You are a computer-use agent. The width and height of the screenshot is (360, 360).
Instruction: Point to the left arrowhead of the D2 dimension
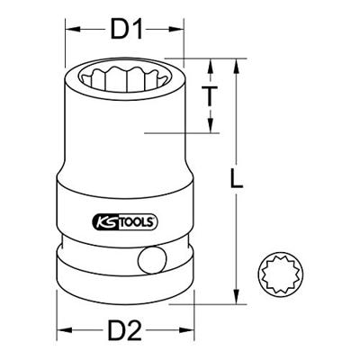tap(59, 332)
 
